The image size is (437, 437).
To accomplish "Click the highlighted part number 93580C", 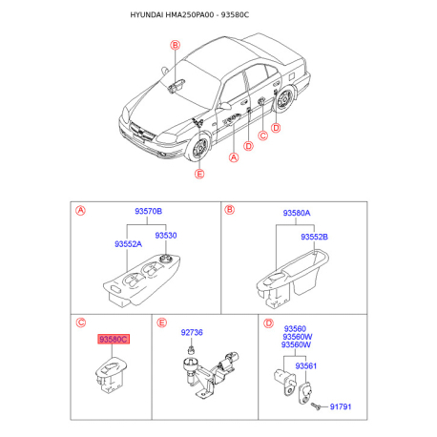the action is pos(114,340).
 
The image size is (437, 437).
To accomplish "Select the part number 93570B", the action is pos(148,211).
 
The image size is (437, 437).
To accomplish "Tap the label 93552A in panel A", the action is pos(128,244).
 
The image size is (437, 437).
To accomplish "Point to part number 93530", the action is pos(166,236).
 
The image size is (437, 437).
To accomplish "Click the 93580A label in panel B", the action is pos(297,213).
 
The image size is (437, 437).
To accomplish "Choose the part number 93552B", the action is pos(314,237).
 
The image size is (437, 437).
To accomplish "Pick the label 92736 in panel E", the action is pos(192,332).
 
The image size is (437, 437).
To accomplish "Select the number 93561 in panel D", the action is pos(305,366).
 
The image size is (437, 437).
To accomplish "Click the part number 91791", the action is pos(341,406).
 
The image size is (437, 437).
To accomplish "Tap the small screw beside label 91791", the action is pos(316,406).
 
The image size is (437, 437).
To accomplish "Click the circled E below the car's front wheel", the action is pos(199,174).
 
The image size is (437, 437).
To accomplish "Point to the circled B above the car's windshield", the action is pos(176,45).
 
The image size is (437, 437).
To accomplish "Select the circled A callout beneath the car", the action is pos(234,157).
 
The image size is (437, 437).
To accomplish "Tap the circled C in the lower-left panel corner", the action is pos(81,323).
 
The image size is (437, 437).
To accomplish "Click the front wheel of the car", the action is pos(199,148).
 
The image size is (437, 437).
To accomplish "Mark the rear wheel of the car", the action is pos(284,100).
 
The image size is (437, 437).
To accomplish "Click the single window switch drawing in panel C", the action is pos(111,375).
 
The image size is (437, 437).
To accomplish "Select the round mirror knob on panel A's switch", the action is pos(166,259).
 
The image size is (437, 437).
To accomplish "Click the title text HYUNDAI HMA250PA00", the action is pos(172,15).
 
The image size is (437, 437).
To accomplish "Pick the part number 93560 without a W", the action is pos(295,328).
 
